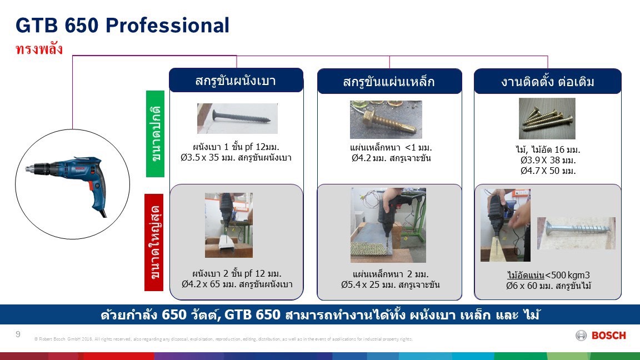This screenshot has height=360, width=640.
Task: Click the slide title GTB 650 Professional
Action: pyautogui.click(x=123, y=26)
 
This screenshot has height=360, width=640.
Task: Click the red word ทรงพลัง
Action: pyautogui.click(x=39, y=49)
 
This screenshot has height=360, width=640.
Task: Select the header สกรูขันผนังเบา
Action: pyautogui.click(x=236, y=81)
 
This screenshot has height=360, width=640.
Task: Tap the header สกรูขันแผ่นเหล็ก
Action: pyautogui.click(x=389, y=82)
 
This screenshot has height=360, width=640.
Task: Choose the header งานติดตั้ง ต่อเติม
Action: pyautogui.click(x=547, y=82)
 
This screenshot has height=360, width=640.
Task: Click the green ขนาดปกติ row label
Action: pyautogui.click(x=156, y=133)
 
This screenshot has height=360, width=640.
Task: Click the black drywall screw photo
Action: pyautogui.click(x=237, y=118)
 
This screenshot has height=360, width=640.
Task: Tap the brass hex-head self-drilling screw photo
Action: pyautogui.click(x=386, y=119)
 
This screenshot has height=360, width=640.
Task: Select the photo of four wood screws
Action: pyautogui.click(x=547, y=118)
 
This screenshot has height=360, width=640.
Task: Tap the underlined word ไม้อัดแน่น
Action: pyautogui.click(x=525, y=275)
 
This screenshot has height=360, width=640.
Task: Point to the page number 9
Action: pyautogui.click(x=18, y=334)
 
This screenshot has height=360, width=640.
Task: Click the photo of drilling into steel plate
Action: pyautogui.click(x=388, y=225)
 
